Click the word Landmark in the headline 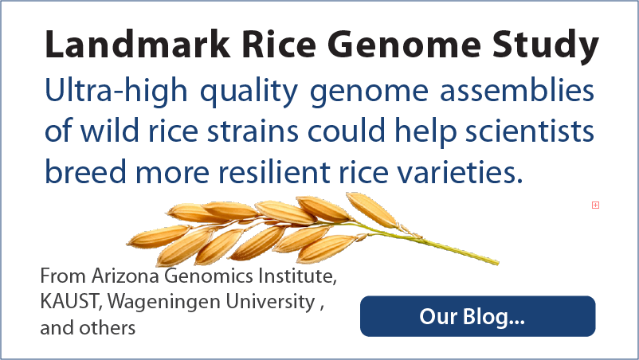coord(138,44)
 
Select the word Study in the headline coord(545,46)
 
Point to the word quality coord(249,92)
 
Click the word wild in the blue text coord(109,131)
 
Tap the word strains coord(253,132)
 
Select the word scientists coord(529,131)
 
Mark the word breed coord(85,171)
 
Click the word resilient coord(274,171)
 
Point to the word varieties coord(459,172)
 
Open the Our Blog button coord(477,316)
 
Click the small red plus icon coord(595,205)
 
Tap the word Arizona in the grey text coord(125,276)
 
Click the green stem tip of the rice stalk coord(498,262)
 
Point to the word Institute coord(297,276)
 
